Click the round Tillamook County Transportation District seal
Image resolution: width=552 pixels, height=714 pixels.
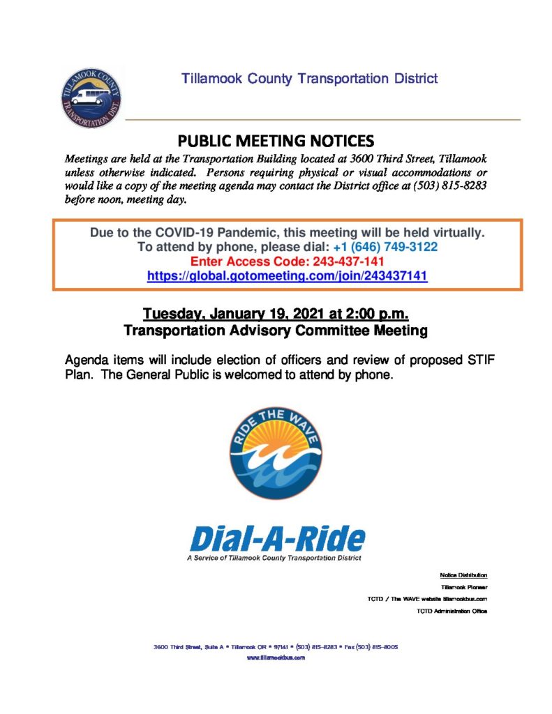pos(91,98)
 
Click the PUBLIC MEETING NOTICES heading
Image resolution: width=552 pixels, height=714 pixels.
pos(276,140)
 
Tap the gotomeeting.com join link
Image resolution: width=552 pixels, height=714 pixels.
pos(287,275)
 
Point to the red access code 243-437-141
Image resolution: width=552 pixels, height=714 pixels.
pos(326,261)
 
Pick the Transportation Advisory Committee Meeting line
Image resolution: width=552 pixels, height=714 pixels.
pos(276,331)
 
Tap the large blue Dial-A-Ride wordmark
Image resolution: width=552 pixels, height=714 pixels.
pos(277,538)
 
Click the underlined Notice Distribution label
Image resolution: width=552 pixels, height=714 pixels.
pos(463,575)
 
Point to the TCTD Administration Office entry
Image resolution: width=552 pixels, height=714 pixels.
pos(452,611)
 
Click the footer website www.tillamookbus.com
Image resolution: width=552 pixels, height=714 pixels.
pos(276,658)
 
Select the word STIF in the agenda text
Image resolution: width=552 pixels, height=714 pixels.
pos(482,361)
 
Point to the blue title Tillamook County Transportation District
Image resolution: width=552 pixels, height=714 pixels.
pos(310,78)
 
